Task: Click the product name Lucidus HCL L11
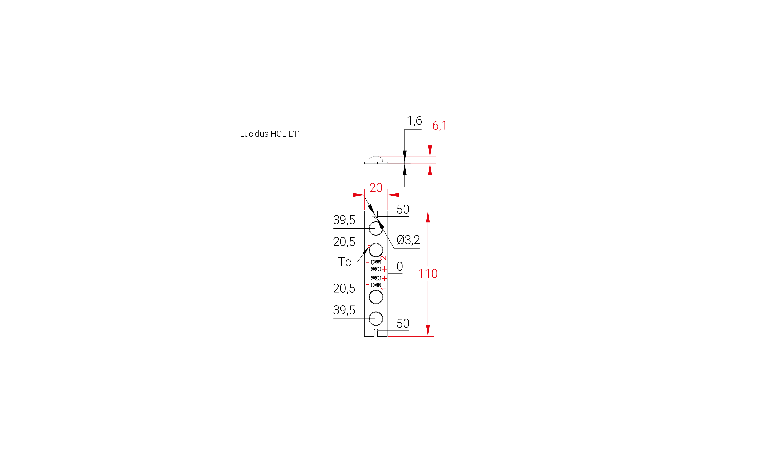point(271,134)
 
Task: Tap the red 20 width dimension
point(376,188)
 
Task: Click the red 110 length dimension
point(428,273)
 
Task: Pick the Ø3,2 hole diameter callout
point(408,240)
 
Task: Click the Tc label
point(344,262)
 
